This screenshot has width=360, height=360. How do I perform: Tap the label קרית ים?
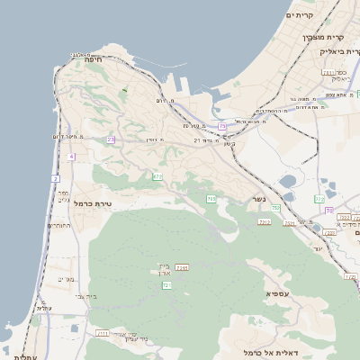pos(299,15)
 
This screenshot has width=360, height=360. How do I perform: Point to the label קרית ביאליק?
pos(339,51)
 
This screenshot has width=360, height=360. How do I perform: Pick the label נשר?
pos(258,200)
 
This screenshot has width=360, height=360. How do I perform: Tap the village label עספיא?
pos(276,293)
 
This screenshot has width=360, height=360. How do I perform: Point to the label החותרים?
pos(59,226)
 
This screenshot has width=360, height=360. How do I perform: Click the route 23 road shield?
pos(111,139)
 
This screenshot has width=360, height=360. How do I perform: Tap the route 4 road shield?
pos(70,156)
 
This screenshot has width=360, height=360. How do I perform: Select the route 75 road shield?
pos(222,127)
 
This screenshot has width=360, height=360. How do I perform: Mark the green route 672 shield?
pos(157,177)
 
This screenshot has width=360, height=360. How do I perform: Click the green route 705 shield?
pos(211,198)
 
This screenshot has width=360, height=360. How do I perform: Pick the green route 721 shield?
pos(166,284)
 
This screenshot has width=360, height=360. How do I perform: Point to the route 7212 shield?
pos(264,221)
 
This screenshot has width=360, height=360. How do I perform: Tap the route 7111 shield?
pos(103,333)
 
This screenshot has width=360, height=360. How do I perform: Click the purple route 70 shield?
pos(329,210)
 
